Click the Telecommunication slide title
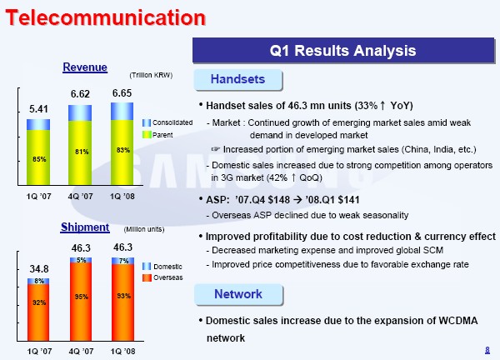point(106,17)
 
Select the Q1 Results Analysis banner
point(343,50)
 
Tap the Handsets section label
point(237,79)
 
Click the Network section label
point(238,294)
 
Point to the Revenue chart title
point(85,67)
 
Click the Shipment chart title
point(85,227)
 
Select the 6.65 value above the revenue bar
point(122,93)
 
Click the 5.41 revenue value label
point(38,109)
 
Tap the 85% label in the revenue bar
point(39,159)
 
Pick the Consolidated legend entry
point(167,122)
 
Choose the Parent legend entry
point(157,135)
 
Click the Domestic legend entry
point(162,267)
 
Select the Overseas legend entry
point(163,277)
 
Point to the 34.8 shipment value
point(39,269)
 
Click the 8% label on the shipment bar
point(39,281)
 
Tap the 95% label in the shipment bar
point(82,297)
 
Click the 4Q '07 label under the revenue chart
point(80,197)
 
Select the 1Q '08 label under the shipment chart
point(122,352)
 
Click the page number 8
point(487,350)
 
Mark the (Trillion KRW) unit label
point(151,75)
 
